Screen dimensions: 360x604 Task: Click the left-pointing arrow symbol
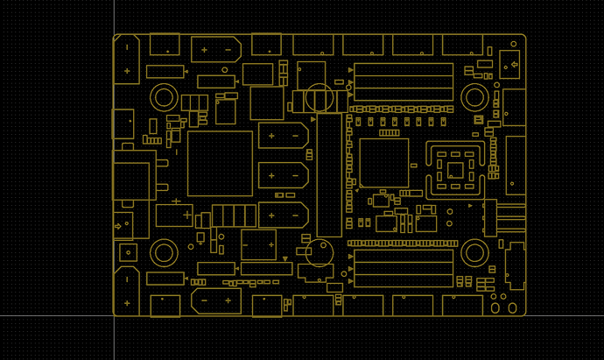pyautogui.click(x=513, y=64)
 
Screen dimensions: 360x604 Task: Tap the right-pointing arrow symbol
pyautogui.click(x=118, y=227)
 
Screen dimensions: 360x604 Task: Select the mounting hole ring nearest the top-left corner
pyautogui.click(x=164, y=97)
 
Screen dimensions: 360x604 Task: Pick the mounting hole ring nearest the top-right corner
pyautogui.click(x=475, y=97)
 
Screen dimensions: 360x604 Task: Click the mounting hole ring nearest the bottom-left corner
pyautogui.click(x=164, y=253)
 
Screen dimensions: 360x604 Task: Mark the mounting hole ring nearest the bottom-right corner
pyautogui.click(x=475, y=253)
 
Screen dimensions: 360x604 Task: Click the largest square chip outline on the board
pyautogui.click(x=220, y=164)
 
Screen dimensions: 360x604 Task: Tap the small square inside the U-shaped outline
pyautogui.click(x=455, y=169)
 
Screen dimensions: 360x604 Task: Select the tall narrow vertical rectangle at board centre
pyautogui.click(x=329, y=175)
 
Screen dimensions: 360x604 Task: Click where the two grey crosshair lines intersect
pyautogui.click(x=114, y=314)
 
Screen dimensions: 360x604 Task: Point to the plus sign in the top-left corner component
pyautogui.click(x=127, y=71)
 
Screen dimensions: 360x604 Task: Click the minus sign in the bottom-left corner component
pyautogui.click(x=127, y=279)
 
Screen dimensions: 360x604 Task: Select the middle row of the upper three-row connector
pyautogui.click(x=404, y=81)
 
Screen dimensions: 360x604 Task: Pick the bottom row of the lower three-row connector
pyautogui.click(x=404, y=281)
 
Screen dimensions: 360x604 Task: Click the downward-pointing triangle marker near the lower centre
pyautogui.click(x=285, y=258)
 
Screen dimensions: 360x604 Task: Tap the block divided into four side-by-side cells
pyautogui.click(x=234, y=215)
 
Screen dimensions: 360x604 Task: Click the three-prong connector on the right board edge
pyautogui.click(x=502, y=217)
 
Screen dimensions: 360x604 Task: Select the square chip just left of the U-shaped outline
pyautogui.click(x=384, y=162)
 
